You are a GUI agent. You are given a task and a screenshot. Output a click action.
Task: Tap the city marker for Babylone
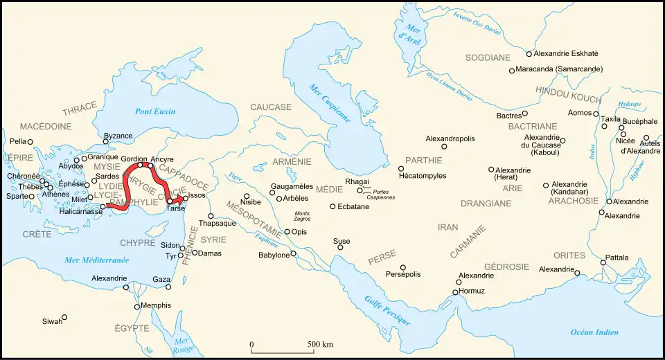coord(294,253)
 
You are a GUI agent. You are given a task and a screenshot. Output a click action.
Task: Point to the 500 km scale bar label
coord(320,344)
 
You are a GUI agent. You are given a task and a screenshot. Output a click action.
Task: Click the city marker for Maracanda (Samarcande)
coord(512,71)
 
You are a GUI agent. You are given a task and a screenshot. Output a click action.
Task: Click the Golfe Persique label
coord(387,310)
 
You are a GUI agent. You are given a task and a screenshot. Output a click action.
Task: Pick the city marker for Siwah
coord(64,318)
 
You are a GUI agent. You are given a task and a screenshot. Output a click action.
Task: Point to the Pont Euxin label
coord(155,111)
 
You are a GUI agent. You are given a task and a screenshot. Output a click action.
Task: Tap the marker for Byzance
coord(106,142)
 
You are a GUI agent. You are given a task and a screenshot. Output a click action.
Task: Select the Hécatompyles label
coord(423,176)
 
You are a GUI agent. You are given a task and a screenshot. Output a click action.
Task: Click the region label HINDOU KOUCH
coord(567,91)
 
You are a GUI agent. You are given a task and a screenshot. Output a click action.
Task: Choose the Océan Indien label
coord(594,332)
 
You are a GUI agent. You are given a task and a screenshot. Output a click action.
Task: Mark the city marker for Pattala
coord(603,263)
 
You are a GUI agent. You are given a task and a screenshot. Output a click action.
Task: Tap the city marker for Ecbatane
coord(332,206)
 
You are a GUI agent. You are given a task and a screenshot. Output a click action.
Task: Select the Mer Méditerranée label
coord(96,260)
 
